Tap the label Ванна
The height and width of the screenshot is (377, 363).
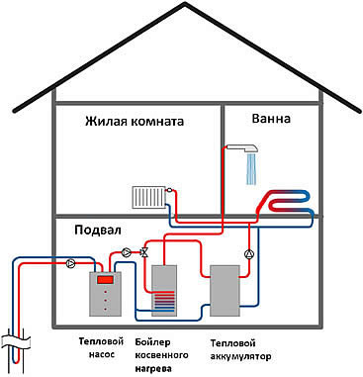[271, 119]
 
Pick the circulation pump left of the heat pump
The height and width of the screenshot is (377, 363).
[70, 263]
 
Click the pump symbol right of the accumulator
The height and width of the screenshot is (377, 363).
[248, 253]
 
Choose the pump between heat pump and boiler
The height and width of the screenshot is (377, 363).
[127, 253]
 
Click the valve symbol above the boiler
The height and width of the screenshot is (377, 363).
[145, 253]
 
